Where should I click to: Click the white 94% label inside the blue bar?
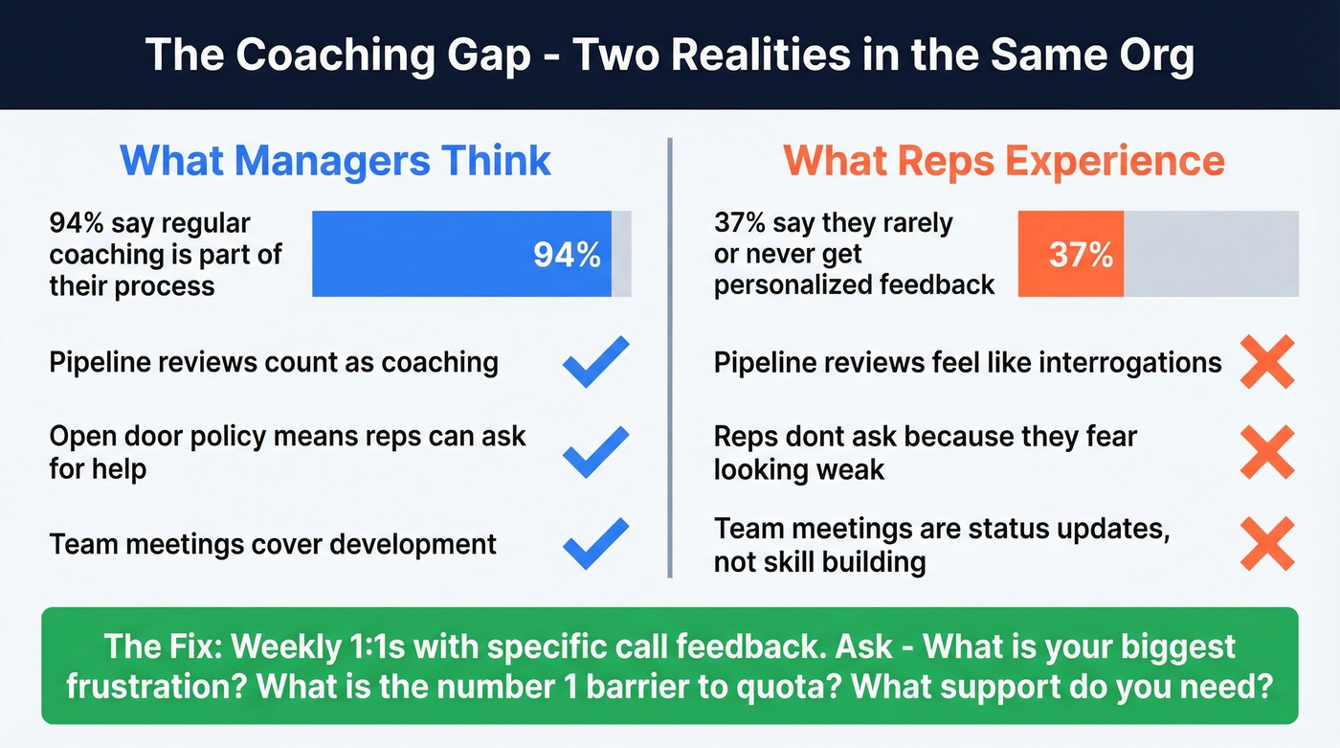[x=568, y=255]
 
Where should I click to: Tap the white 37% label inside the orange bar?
[x=1081, y=255]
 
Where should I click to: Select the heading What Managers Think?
[x=336, y=160]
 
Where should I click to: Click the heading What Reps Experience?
[x=1004, y=160]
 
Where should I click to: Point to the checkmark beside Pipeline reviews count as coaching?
[x=595, y=362]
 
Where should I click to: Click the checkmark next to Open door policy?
[x=595, y=452]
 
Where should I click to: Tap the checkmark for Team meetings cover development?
[x=595, y=543]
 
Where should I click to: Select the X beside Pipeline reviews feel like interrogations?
[x=1266, y=362]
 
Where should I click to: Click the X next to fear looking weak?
[x=1266, y=452]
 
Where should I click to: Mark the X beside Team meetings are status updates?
[x=1266, y=543]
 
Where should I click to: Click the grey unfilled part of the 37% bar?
[x=1211, y=255]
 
